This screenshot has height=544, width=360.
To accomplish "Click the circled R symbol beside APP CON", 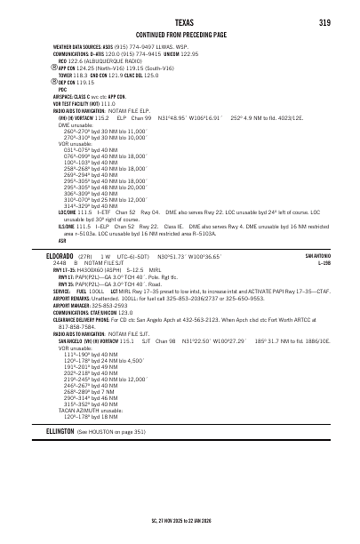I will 54,67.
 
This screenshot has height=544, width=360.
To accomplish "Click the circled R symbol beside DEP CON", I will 54,82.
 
